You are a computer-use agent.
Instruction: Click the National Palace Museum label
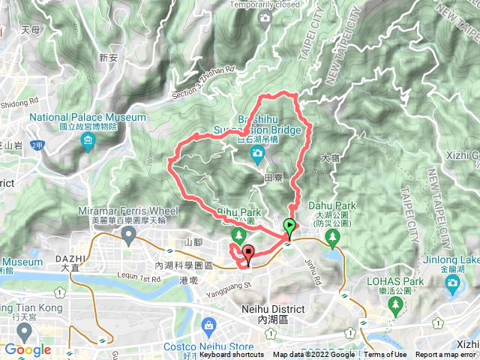point(88,118)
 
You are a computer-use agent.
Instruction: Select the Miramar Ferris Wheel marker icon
point(128,236)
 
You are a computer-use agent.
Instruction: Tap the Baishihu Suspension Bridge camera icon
point(258,154)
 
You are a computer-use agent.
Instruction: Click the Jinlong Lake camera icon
point(451,282)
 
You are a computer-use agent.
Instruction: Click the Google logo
point(27,349)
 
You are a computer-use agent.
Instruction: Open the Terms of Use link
point(385,355)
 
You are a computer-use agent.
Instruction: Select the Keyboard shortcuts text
point(232,355)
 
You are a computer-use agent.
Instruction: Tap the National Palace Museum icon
point(88,140)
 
